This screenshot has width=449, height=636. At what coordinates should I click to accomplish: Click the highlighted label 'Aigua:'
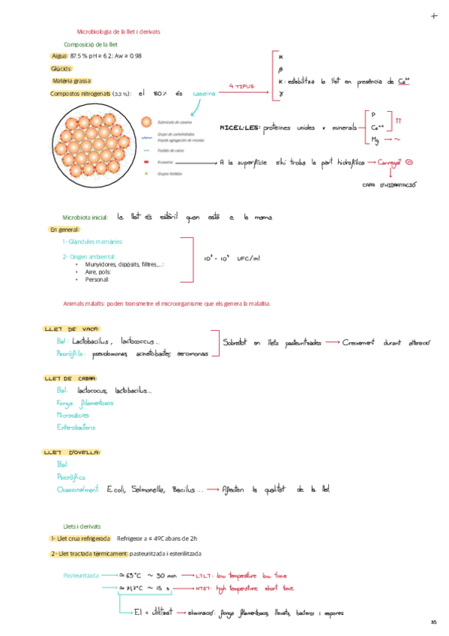pos(59,55)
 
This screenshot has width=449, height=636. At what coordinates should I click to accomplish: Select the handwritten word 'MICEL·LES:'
pos(239,128)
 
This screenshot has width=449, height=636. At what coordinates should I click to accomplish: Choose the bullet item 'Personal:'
pos(97,279)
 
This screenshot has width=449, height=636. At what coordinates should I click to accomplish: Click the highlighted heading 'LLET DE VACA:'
pos(73,328)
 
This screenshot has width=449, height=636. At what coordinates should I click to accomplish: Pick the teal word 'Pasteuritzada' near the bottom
pos(82,575)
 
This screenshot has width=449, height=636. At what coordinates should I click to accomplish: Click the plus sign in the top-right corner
pos(434,16)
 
